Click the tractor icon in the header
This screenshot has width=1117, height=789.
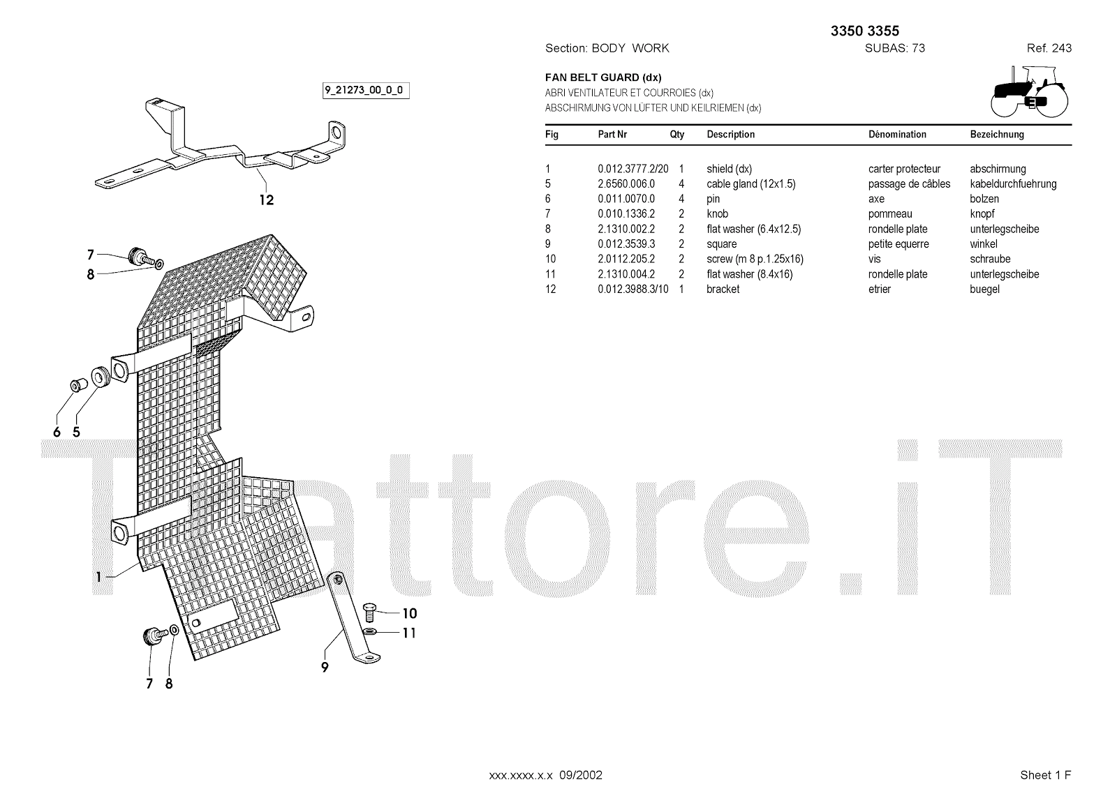tap(1029, 91)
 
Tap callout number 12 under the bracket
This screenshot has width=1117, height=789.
tap(266, 200)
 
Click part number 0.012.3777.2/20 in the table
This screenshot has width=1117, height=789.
tap(633, 169)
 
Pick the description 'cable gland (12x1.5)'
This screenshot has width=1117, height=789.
tap(750, 184)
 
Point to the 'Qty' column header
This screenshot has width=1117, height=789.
tap(677, 135)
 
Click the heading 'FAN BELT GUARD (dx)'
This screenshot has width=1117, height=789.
tap(603, 77)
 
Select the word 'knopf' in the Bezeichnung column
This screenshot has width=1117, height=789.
tap(982, 214)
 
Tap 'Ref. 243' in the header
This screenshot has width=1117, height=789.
tap(1049, 48)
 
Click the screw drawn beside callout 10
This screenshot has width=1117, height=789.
tap(371, 613)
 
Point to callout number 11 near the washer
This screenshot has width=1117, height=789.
tap(409, 633)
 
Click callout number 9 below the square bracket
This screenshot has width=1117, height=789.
tap(325, 668)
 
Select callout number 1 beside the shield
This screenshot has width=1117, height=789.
tap(99, 577)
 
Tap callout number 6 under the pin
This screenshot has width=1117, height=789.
tap(57, 433)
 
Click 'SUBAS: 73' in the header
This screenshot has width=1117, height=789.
tap(894, 48)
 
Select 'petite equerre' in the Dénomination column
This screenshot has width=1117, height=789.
tap(898, 244)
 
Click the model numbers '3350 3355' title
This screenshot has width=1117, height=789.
tap(864, 31)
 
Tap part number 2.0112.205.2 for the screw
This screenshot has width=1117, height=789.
tap(626, 260)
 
